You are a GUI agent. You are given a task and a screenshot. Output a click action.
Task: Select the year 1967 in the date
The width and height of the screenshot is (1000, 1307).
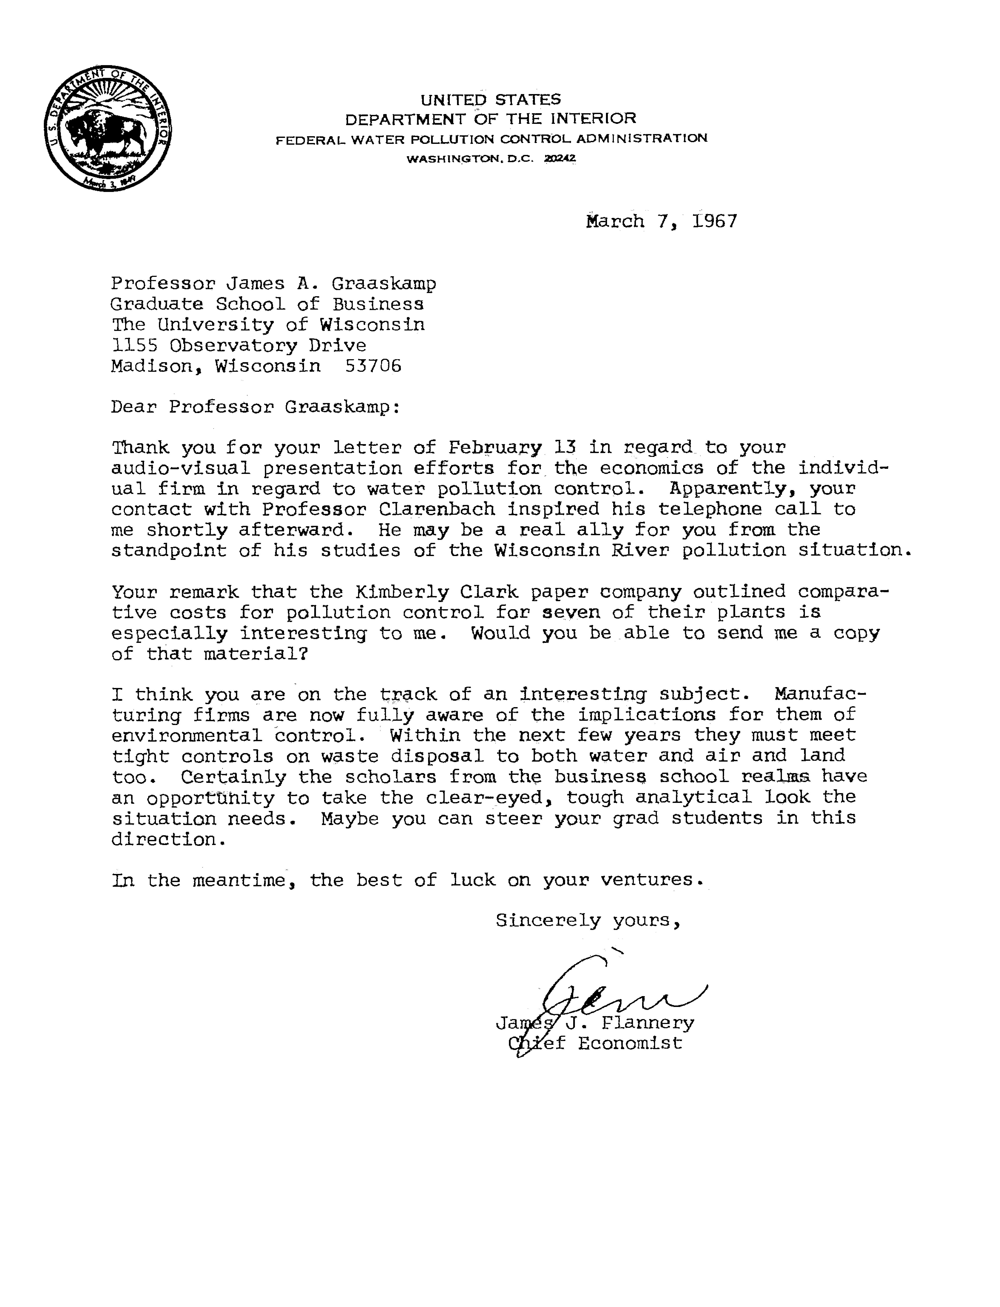715,221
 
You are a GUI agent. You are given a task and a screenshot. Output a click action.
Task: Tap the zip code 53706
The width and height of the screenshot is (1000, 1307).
373,365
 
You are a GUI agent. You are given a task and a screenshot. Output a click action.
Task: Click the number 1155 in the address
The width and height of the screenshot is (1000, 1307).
134,345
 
